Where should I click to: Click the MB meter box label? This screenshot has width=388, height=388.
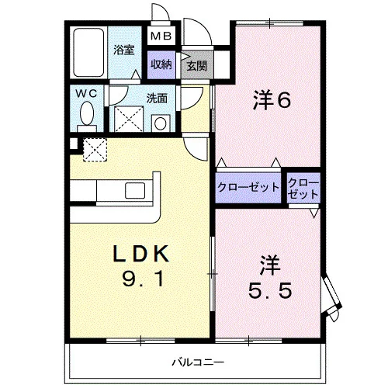click(161, 36)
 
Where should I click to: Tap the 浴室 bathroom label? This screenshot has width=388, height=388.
click(124, 50)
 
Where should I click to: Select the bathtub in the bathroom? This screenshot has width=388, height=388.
click(88, 52)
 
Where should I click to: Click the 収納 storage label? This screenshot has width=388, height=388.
click(161, 64)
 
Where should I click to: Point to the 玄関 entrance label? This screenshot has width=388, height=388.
click(197, 66)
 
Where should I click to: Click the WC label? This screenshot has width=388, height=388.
click(87, 93)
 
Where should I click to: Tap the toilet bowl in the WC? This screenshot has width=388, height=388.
click(87, 113)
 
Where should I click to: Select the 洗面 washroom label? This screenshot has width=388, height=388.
click(157, 99)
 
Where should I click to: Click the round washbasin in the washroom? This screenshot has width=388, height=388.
click(161, 123)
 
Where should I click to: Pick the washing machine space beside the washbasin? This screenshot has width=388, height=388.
click(129, 120)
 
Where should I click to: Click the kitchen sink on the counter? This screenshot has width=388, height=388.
click(135, 191)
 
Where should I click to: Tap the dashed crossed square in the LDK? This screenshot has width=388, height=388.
click(95, 150)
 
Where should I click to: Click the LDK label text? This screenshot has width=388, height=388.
click(140, 254)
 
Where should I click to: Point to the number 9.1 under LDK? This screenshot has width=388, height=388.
click(143, 279)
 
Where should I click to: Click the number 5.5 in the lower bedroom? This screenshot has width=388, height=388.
click(270, 290)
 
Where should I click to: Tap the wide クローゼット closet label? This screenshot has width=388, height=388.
click(248, 187)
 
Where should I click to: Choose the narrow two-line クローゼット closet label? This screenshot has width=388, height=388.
click(303, 189)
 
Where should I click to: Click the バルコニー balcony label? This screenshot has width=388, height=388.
click(198, 362)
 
